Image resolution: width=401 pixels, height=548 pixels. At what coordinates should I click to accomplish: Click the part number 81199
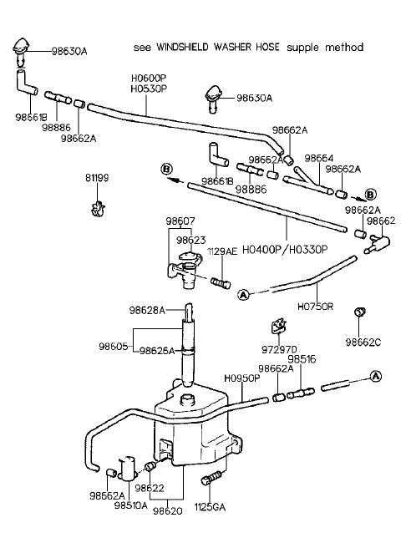point(97,178)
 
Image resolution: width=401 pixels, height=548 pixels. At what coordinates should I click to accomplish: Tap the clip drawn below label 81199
point(97,208)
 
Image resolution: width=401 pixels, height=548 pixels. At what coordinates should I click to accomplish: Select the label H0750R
point(315,307)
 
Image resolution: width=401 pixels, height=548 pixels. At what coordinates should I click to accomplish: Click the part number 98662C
point(363,342)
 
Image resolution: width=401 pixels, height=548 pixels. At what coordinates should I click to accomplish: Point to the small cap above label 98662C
point(360,312)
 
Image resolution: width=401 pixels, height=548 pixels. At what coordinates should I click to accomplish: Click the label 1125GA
point(210,507)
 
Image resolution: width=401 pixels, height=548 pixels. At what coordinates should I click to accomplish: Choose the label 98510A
point(131,505)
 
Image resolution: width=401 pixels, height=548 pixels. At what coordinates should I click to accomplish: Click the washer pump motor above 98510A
point(127,468)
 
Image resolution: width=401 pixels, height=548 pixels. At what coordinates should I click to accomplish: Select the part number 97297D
point(279,349)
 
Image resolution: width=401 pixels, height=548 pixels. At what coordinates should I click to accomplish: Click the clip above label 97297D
point(279,326)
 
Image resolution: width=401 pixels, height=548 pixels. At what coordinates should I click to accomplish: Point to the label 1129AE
point(222,251)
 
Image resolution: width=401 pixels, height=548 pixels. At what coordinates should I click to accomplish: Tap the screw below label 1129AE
point(221,282)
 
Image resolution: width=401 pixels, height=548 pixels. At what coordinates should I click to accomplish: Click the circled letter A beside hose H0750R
point(243,295)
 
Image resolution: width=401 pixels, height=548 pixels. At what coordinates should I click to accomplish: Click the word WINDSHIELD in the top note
point(182,47)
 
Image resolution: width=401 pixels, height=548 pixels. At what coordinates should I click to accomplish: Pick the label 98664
point(319,159)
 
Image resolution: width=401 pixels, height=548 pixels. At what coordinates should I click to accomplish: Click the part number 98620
point(167,511)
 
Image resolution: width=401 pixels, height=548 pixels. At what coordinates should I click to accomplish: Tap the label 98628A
point(147,310)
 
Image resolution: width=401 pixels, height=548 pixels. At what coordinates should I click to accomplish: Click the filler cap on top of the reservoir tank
point(185,399)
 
